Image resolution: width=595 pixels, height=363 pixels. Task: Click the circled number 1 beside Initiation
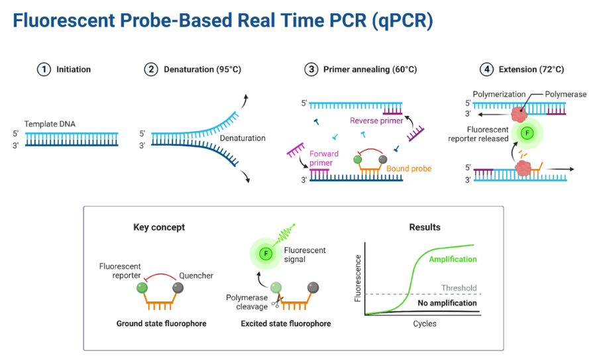pos(44,70)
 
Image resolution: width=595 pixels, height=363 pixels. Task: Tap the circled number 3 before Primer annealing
pos(311,70)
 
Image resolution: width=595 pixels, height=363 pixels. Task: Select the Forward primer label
pos(324,158)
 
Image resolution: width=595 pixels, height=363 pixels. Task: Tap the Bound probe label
pos(409,169)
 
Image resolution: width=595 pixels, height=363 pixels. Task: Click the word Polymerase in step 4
pos(565,95)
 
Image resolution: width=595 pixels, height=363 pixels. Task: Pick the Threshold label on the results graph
pos(459,288)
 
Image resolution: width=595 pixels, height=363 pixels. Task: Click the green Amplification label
pos(453,259)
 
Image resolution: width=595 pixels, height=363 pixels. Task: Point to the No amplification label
pos(447,303)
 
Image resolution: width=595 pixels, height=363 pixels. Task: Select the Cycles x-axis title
pos(425,324)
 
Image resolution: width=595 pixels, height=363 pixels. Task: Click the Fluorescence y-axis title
pos(358,278)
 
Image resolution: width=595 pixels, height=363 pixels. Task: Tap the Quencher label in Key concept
pos(196,276)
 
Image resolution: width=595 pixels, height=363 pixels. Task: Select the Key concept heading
pos(159,227)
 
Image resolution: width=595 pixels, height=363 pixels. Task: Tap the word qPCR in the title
pos(402,21)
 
